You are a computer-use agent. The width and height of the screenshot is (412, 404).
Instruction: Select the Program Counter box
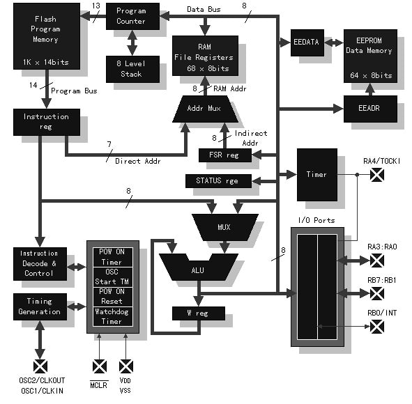130,16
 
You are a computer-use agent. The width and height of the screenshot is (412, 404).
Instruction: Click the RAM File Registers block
205,56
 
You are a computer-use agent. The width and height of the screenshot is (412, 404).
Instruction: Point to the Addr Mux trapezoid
205,109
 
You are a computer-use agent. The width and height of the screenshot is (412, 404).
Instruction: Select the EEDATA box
305,42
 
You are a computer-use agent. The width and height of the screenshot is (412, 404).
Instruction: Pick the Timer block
316,174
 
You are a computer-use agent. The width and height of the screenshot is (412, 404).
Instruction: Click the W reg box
199,313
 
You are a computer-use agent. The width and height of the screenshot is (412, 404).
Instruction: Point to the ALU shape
198,268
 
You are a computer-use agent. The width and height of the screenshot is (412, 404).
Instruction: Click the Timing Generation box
40,307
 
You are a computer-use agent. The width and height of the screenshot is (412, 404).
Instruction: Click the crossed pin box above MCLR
100,365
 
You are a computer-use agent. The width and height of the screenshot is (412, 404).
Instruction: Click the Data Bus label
204,8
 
